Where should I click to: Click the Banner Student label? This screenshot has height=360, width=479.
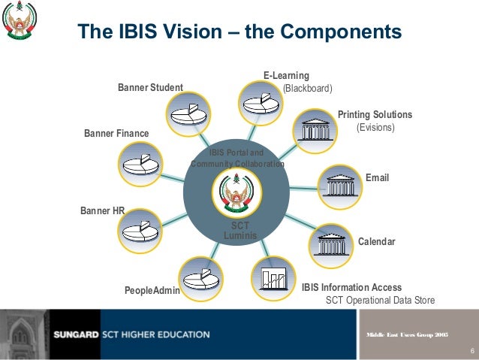(x=150, y=88)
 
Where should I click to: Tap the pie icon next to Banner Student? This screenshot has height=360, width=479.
(x=188, y=113)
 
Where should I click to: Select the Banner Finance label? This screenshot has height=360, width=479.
(x=116, y=134)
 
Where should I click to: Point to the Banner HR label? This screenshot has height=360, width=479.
(x=102, y=211)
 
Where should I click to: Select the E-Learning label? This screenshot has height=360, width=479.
(x=286, y=76)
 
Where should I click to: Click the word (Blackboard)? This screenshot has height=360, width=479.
(x=307, y=88)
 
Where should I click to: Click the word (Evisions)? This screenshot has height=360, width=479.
(x=375, y=128)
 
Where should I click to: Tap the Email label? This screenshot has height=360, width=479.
(x=377, y=178)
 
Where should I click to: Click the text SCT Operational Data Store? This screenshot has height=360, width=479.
(x=380, y=301)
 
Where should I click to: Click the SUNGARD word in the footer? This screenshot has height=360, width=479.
(x=74, y=334)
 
